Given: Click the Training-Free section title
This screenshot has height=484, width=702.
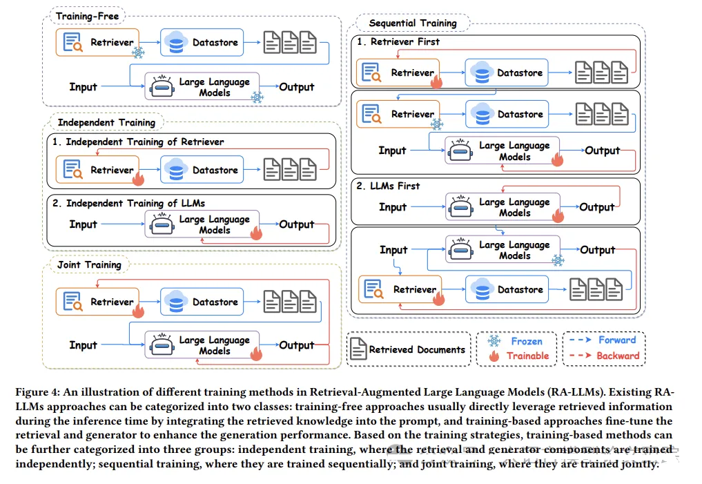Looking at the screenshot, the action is coord(87,17).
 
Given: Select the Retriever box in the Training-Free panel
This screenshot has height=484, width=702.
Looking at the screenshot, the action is coord(97,43).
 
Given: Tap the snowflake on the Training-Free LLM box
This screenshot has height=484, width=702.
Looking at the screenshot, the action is coord(257,97).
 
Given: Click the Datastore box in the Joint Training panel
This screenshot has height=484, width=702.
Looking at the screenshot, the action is coord(202,302).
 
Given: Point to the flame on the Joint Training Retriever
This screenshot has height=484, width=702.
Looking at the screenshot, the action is coord(138,311).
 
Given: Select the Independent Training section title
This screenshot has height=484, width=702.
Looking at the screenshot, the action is coord(106,123).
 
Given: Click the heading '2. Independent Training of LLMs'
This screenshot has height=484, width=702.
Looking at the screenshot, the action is coord(128,203).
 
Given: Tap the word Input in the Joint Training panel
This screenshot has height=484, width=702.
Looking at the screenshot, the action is coord(84,345).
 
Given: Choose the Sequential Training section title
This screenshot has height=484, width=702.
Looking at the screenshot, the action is coord(413,23).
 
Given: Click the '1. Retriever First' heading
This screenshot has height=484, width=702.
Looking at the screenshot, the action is coord(398,41).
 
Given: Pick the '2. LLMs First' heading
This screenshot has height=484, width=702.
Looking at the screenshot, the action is coord(388,186).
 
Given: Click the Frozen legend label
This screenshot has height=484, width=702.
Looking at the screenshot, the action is coord(527,341).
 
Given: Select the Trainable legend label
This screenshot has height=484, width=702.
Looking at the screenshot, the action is coord(528,356).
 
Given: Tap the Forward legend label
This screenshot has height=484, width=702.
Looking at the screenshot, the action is coord(617,340).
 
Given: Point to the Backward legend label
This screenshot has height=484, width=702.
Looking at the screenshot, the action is coord(618,356).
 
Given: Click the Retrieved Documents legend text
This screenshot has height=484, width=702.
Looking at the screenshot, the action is coord(417,349).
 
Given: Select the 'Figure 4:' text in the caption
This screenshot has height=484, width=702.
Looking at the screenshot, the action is coord(37,392).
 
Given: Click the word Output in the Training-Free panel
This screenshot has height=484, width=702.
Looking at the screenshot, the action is coord(296,87).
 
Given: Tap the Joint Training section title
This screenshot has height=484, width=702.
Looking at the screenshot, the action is coord(89,264).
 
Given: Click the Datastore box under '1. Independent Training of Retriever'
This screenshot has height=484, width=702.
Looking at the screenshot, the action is coord(202,170).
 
